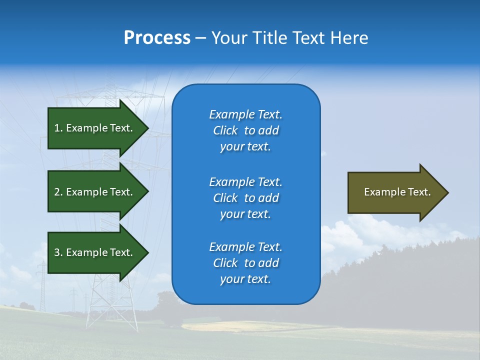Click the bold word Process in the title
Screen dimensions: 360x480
tap(157, 38)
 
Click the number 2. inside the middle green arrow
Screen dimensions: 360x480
tap(58, 192)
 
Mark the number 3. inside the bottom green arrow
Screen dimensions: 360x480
tap(58, 252)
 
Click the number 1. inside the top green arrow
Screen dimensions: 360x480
tap(58, 128)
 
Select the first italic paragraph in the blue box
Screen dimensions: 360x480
tap(245, 130)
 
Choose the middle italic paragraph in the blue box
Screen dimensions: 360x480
tap(245, 198)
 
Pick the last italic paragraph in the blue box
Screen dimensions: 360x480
tap(245, 263)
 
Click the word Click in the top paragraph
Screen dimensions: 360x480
tap(225, 130)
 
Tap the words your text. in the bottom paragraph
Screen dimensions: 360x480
tap(245, 279)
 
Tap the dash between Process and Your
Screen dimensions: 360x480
tap(200, 38)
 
